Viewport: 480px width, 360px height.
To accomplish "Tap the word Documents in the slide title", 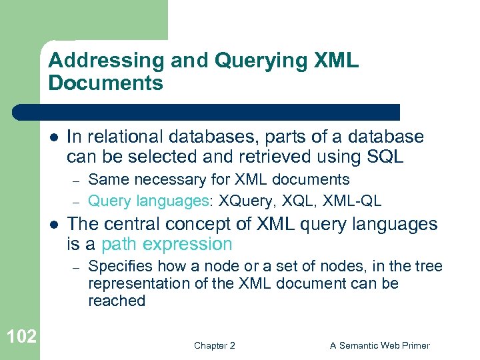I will point(105,83).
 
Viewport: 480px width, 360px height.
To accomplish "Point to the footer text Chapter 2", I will point(214,345).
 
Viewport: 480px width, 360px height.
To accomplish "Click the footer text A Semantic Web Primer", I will point(380,345).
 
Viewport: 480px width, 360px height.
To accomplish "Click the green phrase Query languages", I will point(147,199).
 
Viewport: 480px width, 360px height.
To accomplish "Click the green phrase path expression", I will point(167,244).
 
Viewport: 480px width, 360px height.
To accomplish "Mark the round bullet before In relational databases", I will point(54,137).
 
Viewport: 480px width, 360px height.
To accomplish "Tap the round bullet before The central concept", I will point(54,225).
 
